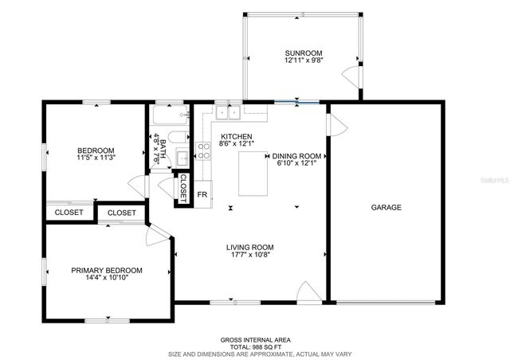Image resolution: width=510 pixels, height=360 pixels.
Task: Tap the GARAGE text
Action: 386,207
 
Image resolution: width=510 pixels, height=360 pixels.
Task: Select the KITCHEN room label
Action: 237,136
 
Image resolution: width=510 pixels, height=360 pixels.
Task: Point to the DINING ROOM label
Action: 296,156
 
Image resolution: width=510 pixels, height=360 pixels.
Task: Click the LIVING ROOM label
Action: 250,248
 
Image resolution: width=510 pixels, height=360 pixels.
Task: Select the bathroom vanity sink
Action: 181,157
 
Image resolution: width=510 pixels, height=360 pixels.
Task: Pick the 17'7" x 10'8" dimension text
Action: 250,256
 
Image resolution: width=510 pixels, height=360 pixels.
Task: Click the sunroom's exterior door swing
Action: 348,77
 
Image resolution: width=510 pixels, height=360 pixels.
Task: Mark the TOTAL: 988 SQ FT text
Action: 255,346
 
